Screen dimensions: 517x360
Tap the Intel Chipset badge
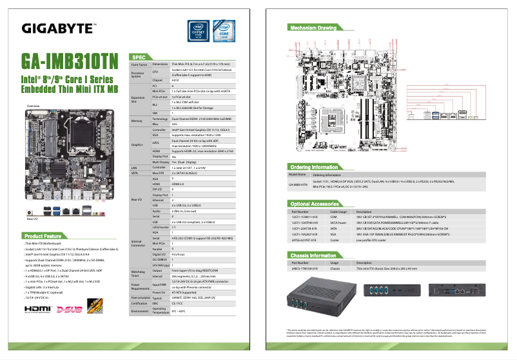[199, 31]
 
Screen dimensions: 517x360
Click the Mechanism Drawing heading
[313, 28]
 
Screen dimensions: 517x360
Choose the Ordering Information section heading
[315, 166]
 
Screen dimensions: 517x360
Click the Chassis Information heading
[314, 255]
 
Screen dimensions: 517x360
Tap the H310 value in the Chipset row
[175, 81]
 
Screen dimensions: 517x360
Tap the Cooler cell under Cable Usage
[336, 241]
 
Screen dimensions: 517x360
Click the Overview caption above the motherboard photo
[33, 105]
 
